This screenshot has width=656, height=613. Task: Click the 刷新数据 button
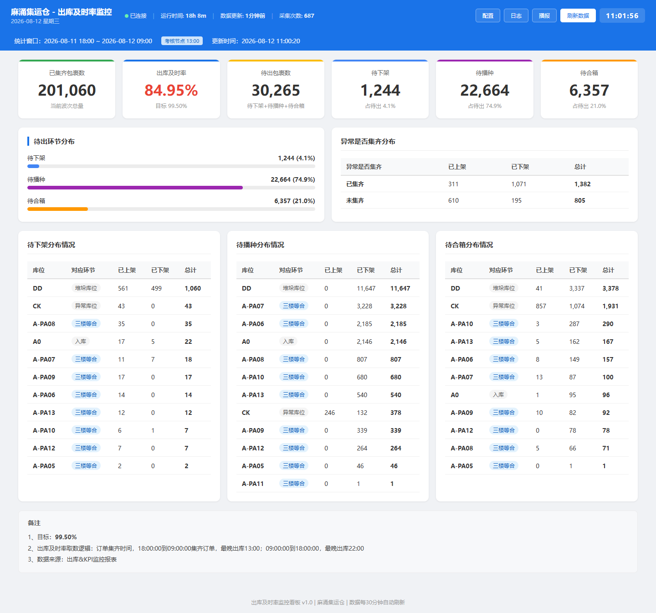click(578, 15)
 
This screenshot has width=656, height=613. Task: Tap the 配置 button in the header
click(487, 15)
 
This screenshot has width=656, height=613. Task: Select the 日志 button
click(516, 15)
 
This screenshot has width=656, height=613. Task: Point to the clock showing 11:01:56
click(622, 15)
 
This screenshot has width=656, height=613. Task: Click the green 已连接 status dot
click(127, 16)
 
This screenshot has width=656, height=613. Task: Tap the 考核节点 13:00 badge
click(182, 41)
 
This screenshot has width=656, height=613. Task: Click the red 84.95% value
click(171, 90)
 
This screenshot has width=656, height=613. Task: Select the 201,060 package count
click(67, 90)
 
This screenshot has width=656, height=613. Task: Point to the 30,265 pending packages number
click(276, 90)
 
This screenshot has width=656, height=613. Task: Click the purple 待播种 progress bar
click(135, 188)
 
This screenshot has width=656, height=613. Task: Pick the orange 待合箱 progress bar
click(57, 209)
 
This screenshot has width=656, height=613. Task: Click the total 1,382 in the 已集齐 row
click(582, 184)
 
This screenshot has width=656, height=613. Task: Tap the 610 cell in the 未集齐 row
click(453, 200)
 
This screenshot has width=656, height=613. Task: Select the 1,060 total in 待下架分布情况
click(193, 288)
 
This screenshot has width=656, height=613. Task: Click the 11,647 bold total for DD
click(400, 288)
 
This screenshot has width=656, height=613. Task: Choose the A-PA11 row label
click(253, 484)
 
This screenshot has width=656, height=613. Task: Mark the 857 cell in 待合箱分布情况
click(541, 306)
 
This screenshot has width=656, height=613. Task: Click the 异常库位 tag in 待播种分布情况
click(294, 413)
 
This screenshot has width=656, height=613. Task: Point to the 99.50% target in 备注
click(66, 537)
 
